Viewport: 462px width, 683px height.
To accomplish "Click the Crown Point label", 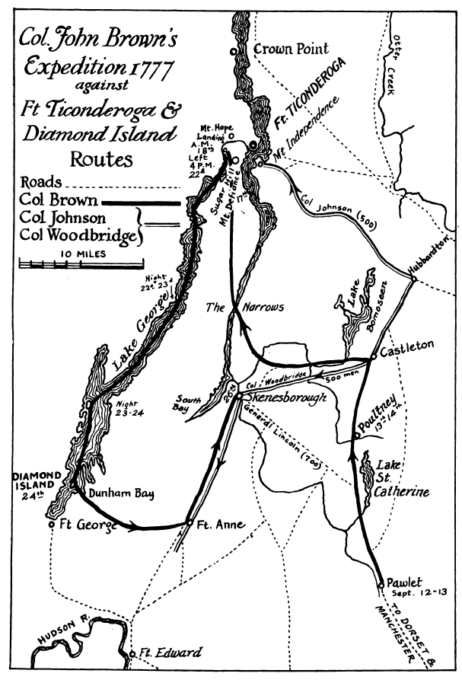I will point(291,49).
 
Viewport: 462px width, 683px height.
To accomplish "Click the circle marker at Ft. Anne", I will point(189,523).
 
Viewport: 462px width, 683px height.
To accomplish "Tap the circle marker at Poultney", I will point(355,435).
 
